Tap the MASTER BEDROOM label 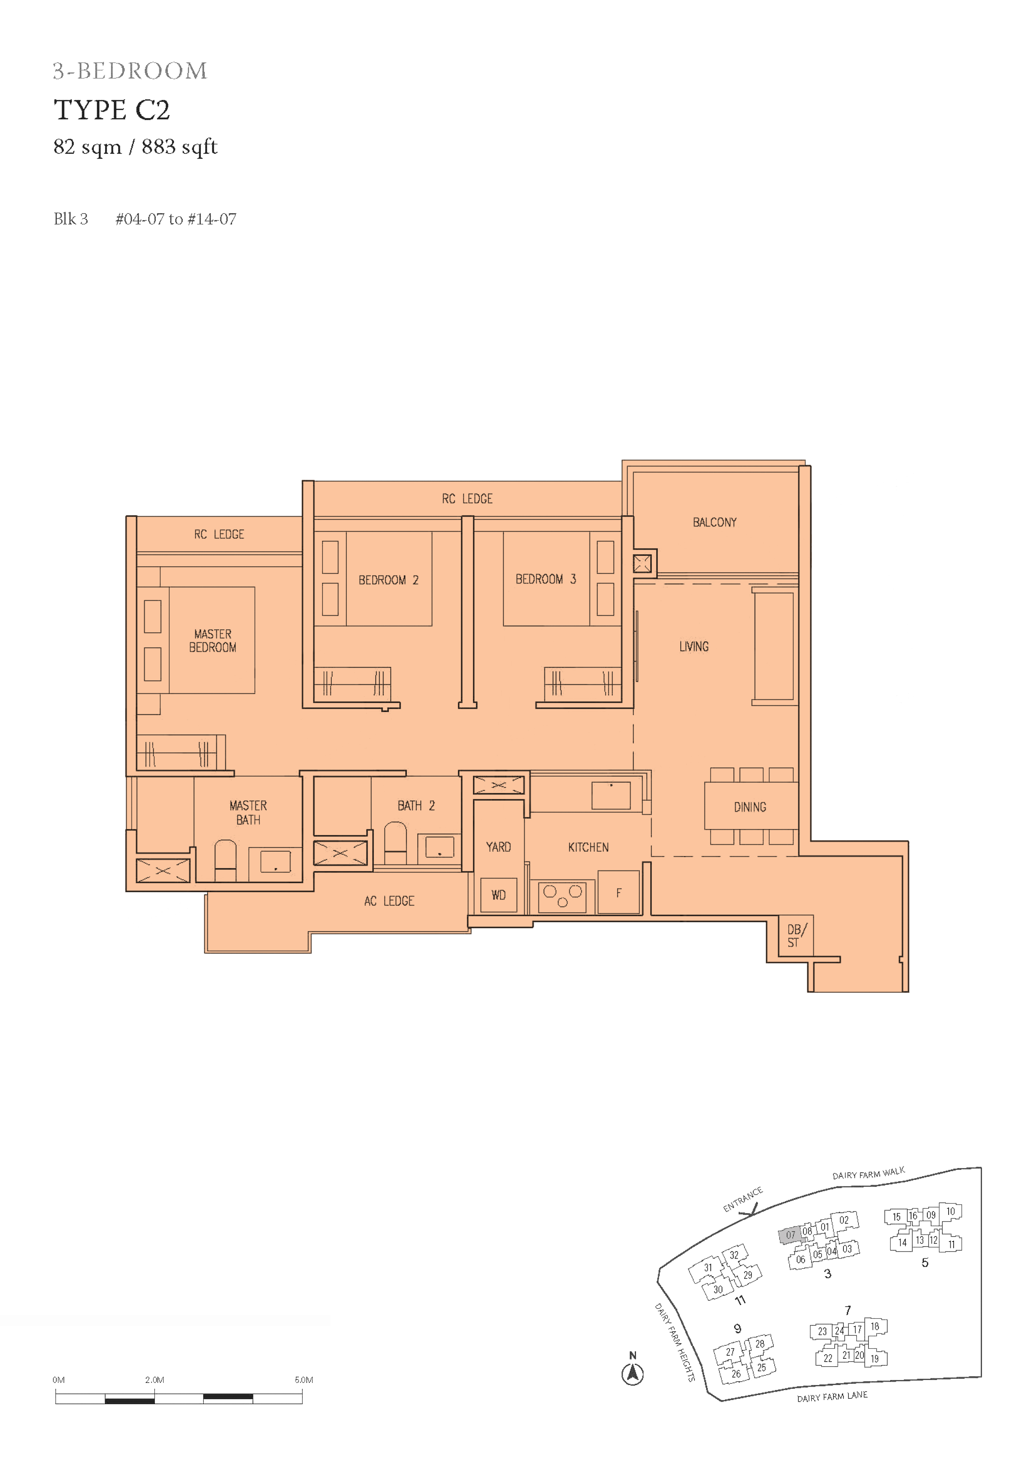point(212,641)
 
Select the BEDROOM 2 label point(389,580)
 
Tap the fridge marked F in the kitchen point(618,892)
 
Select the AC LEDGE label point(389,901)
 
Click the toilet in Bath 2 point(395,842)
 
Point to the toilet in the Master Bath point(225,860)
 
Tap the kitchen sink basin point(611,795)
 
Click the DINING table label point(750,807)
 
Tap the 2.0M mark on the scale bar point(154,1380)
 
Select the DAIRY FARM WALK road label point(868,1173)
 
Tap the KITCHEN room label point(588,847)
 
